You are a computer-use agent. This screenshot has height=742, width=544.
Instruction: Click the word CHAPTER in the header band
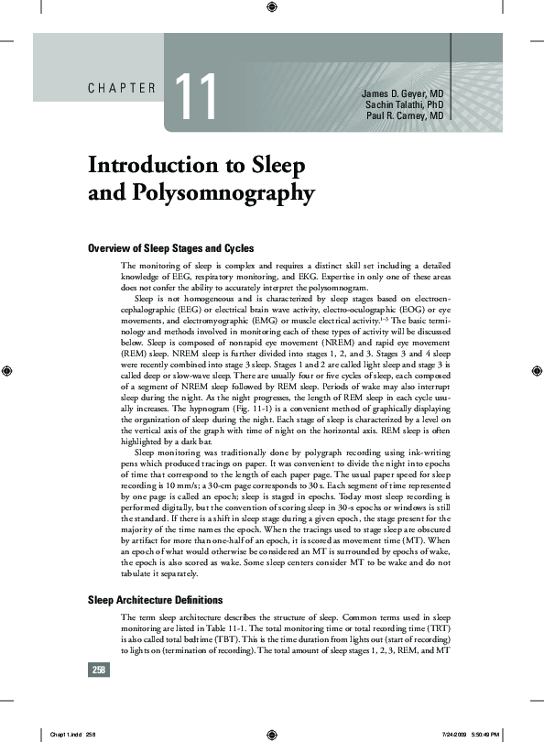pyautogui.click(x=123, y=89)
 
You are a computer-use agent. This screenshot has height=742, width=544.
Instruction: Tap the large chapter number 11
pyautogui.click(x=195, y=98)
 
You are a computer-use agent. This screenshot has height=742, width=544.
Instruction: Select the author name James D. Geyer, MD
pyautogui.click(x=402, y=94)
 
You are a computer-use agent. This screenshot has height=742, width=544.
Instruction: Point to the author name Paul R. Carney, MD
pyautogui.click(x=406, y=116)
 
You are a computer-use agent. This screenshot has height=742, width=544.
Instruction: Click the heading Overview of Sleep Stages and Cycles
pyautogui.click(x=170, y=248)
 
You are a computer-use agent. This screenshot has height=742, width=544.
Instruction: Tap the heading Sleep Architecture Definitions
pyautogui.click(x=155, y=601)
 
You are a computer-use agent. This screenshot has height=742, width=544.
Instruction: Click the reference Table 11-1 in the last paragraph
pyautogui.click(x=240, y=629)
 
